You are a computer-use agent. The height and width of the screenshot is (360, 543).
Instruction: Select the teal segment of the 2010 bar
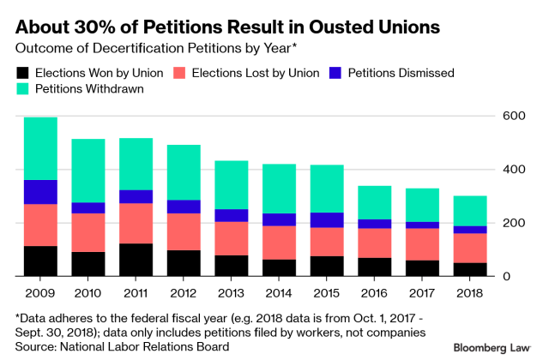click(88, 171)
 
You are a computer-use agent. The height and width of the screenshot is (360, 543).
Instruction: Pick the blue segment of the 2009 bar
click(40, 192)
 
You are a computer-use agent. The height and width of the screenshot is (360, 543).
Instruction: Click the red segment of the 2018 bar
click(468, 248)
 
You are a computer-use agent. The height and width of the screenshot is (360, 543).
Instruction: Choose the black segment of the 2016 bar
click(373, 267)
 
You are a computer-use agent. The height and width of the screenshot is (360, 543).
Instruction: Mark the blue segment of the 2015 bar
click(326, 219)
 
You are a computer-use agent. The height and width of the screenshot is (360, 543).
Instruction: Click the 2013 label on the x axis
click(231, 291)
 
